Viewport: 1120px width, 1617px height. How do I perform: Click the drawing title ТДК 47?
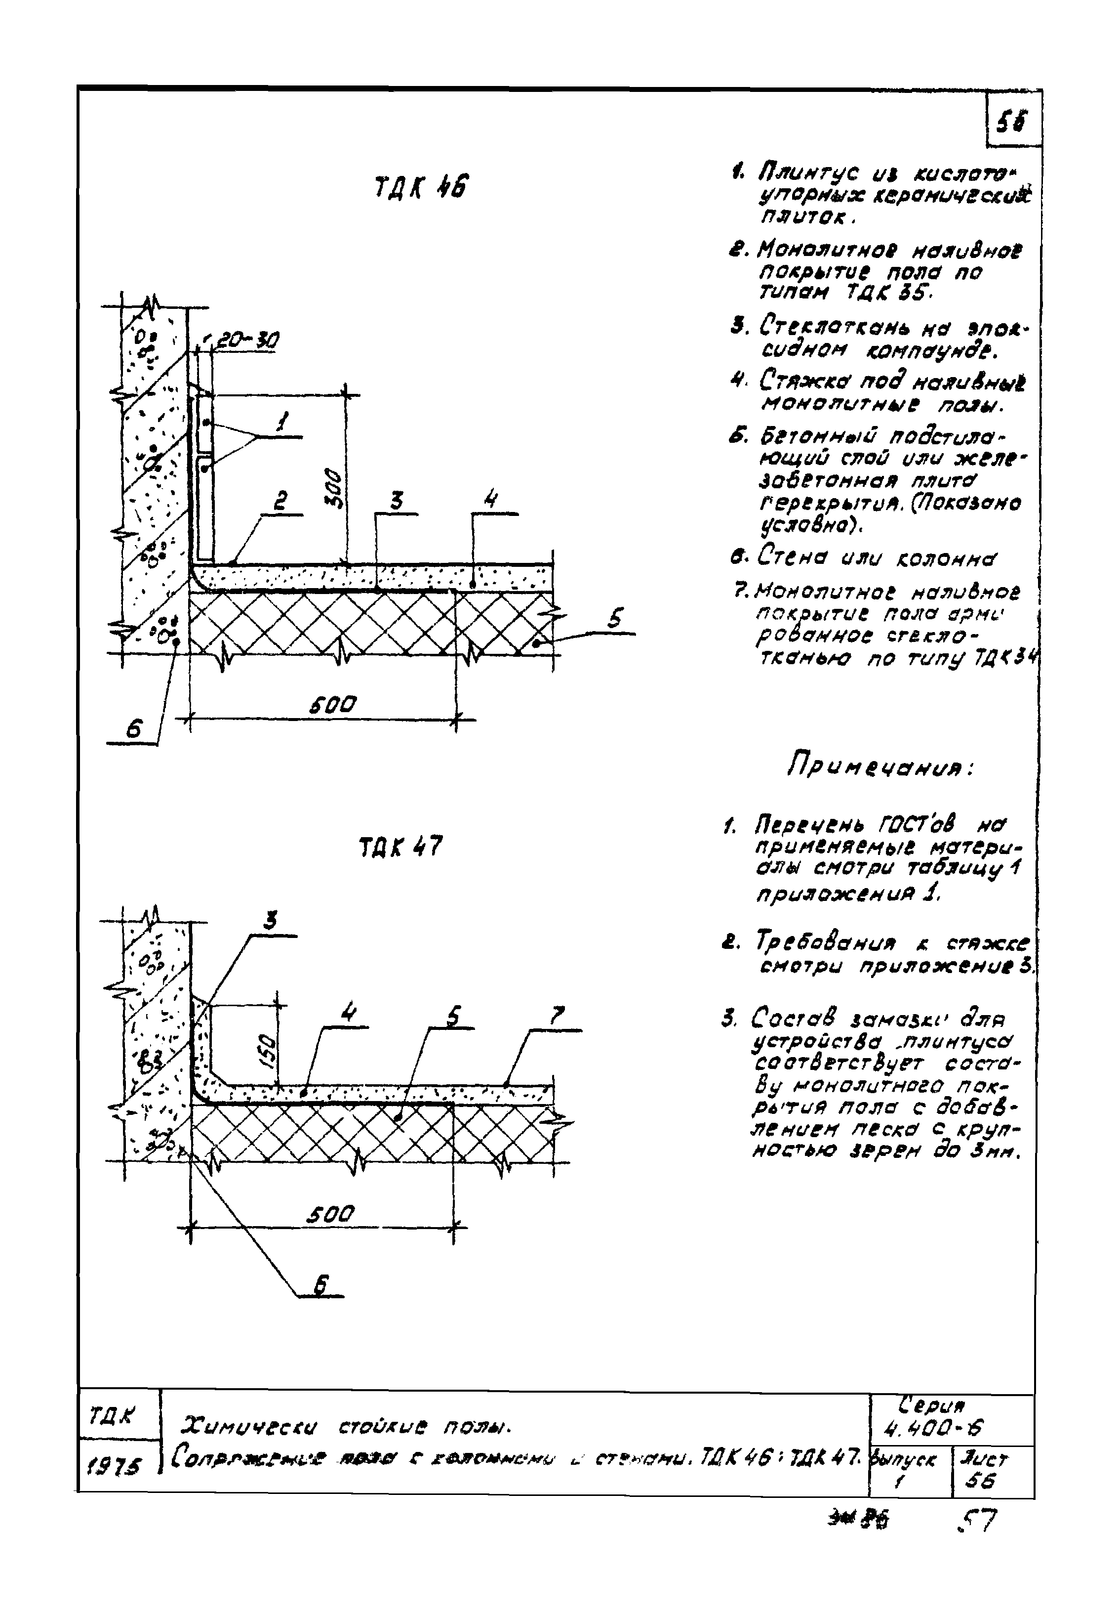tap(400, 848)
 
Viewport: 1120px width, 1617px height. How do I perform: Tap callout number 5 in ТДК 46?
tap(615, 620)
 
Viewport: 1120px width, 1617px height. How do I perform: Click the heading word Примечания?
tap(880, 766)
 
